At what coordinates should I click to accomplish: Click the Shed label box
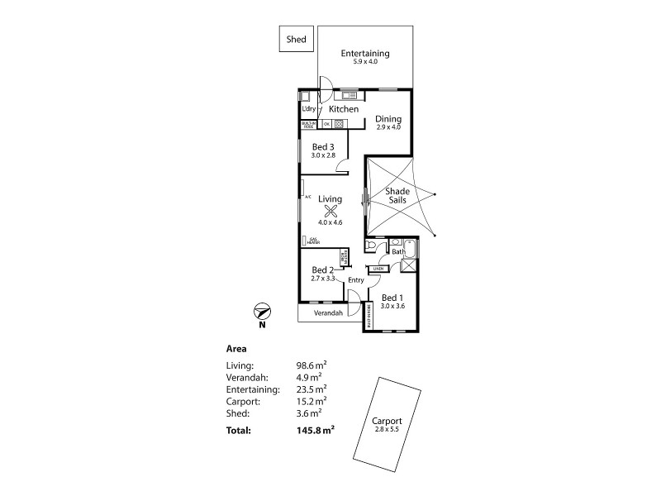click(296, 40)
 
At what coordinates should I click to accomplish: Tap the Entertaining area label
click(365, 55)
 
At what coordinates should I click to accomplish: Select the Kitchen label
click(344, 109)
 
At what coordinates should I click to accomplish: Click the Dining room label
click(388, 118)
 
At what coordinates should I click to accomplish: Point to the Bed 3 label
click(323, 147)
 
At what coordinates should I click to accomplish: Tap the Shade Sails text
click(398, 197)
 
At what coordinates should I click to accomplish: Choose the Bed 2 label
click(322, 270)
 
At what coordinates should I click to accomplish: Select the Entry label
click(355, 280)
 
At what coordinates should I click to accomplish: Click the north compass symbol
click(261, 312)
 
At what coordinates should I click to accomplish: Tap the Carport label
click(387, 421)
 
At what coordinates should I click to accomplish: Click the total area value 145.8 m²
click(316, 430)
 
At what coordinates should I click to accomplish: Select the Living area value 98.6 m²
click(311, 365)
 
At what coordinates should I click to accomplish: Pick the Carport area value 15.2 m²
click(311, 400)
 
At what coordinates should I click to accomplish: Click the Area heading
click(236, 348)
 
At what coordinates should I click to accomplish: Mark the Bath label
click(397, 251)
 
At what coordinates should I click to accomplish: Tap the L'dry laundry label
click(309, 109)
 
